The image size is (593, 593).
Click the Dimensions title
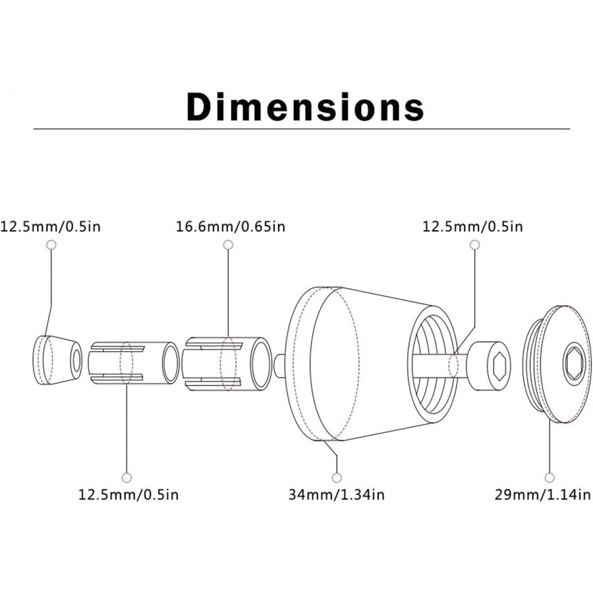tap(305, 107)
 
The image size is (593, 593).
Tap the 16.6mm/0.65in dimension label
tap(231, 227)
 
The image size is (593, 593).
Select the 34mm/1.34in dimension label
tap(336, 494)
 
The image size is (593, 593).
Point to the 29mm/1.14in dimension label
tap(543, 494)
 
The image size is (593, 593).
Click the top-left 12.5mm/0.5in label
tap(51, 227)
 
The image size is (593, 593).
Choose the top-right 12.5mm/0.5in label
tap(472, 227)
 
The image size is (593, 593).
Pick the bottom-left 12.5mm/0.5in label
tap(128, 494)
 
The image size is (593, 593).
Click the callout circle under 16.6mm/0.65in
tap(228, 244)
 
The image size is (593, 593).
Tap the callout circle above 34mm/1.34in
tap(337, 478)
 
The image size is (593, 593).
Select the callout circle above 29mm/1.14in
tap(550, 478)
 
